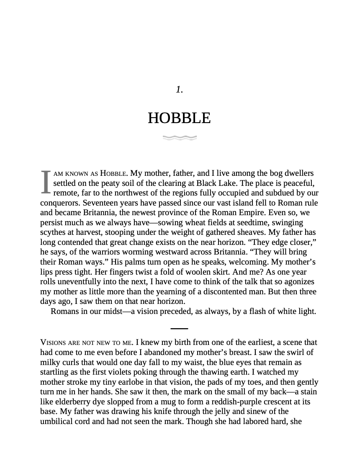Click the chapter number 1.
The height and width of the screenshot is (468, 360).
coord(179,89)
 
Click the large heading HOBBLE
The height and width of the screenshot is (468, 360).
coord(179,118)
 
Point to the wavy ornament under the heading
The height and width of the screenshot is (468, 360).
coord(180,137)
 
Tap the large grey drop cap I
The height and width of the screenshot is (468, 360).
coord(46,183)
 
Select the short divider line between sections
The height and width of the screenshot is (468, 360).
coord(180,329)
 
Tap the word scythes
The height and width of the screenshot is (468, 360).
coord(53,232)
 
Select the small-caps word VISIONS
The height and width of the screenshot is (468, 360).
coord(54,342)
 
